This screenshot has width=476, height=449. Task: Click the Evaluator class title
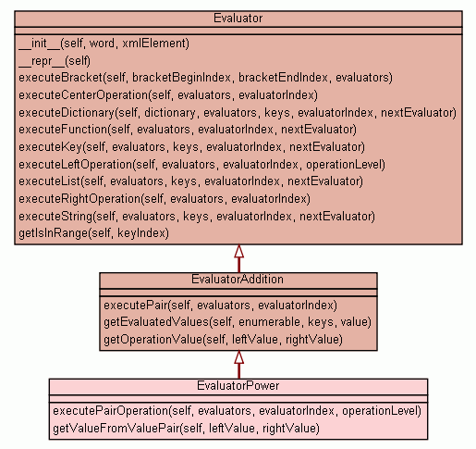238,19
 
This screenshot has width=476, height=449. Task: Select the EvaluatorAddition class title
238,280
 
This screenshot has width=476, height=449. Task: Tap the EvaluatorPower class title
238,386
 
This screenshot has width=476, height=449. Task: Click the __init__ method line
104,44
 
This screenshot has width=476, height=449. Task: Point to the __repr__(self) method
55,61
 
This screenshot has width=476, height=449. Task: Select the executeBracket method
205,78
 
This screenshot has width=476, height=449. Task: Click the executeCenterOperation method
168,95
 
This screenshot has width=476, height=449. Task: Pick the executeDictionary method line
238,113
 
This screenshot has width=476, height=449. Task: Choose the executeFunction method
188,130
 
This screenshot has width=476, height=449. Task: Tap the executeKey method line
191,147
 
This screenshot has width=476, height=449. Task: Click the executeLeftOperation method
201,165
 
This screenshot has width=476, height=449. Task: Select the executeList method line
190,181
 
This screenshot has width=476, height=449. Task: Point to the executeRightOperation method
165,199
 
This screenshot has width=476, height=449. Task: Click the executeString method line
197,217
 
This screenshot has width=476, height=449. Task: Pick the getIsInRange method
93,233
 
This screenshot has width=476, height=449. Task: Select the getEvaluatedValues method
238,322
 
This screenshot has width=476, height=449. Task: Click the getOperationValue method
223,340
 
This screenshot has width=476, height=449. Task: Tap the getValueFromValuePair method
186,429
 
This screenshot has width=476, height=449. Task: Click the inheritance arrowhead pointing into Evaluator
238,251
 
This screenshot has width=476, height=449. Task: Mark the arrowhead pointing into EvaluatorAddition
238,357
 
